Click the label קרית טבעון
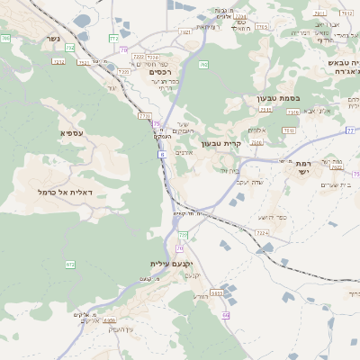click(x=222, y=142)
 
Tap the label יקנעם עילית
click(x=173, y=264)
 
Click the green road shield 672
click(x=69, y=264)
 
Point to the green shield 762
click(x=203, y=64)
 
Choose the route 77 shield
click(x=349, y=130)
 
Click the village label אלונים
click(x=184, y=153)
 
